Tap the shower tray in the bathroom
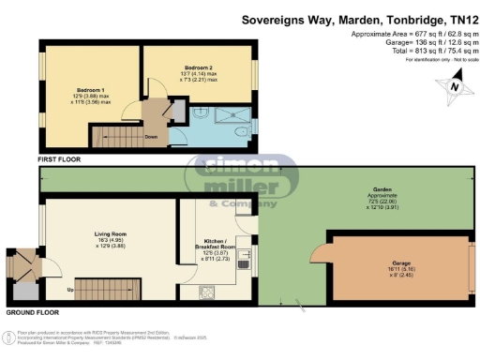pos(225,120)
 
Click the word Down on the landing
pos(150,136)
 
